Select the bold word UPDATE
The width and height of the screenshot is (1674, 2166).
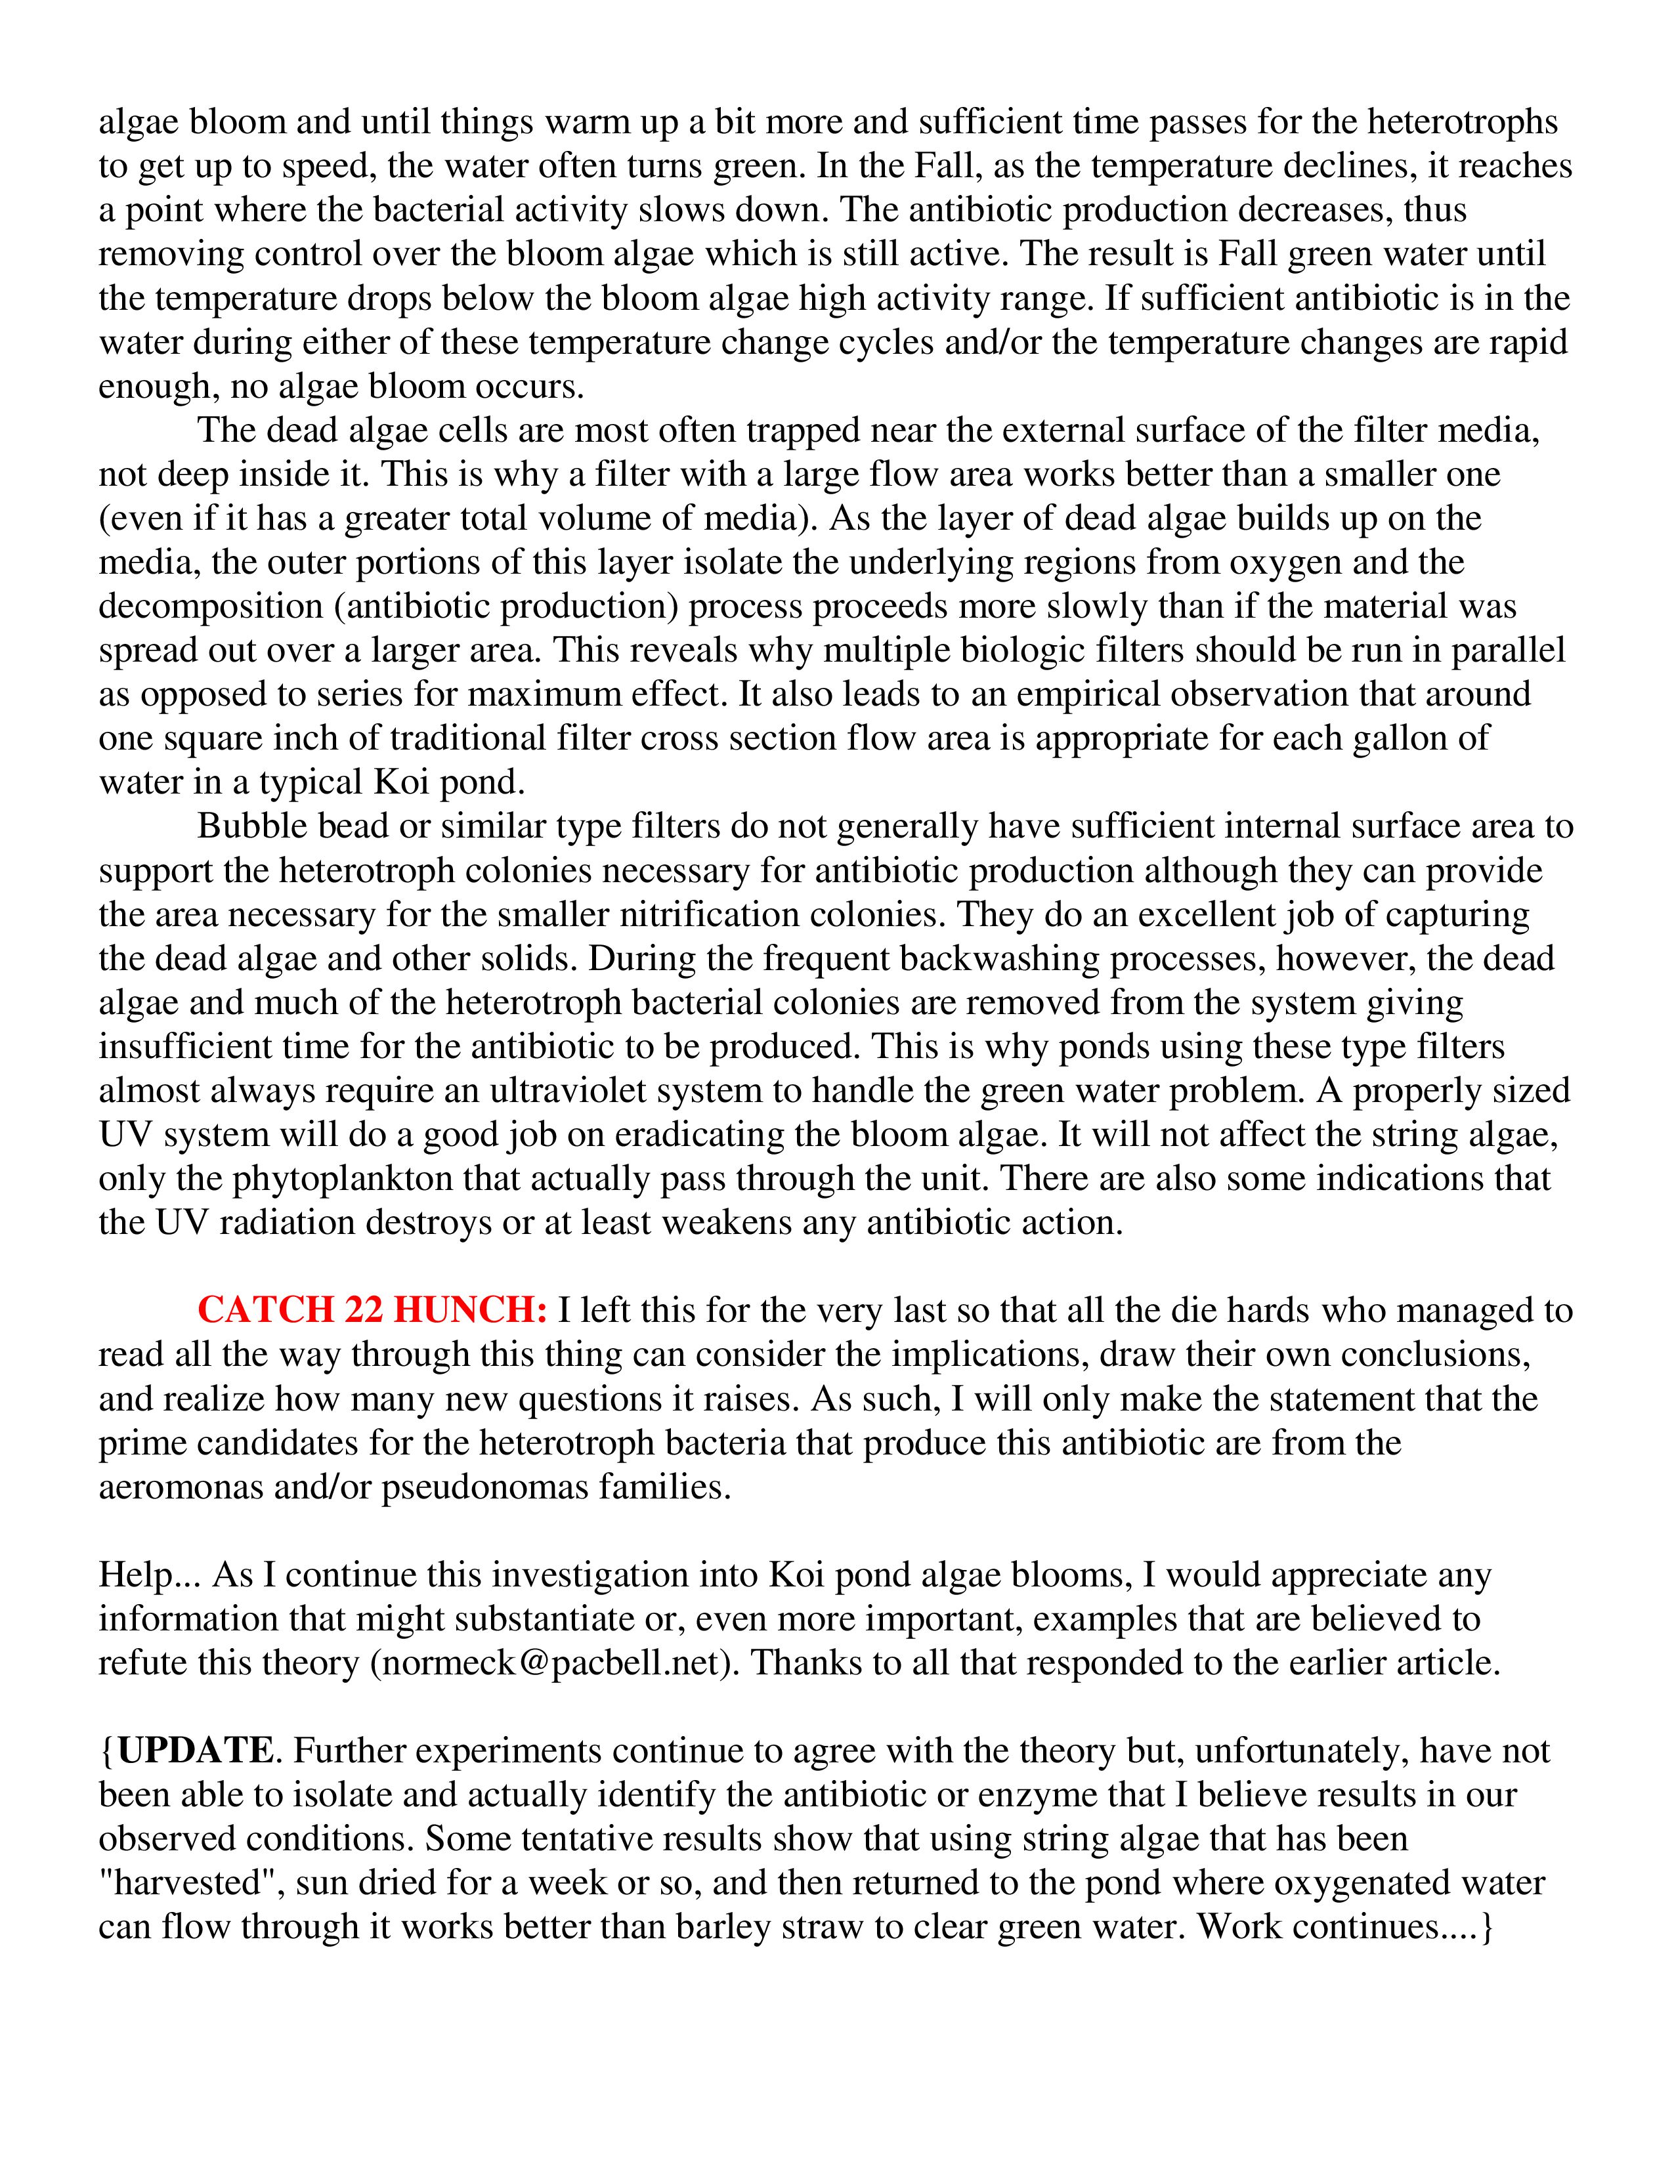click(x=194, y=1751)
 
